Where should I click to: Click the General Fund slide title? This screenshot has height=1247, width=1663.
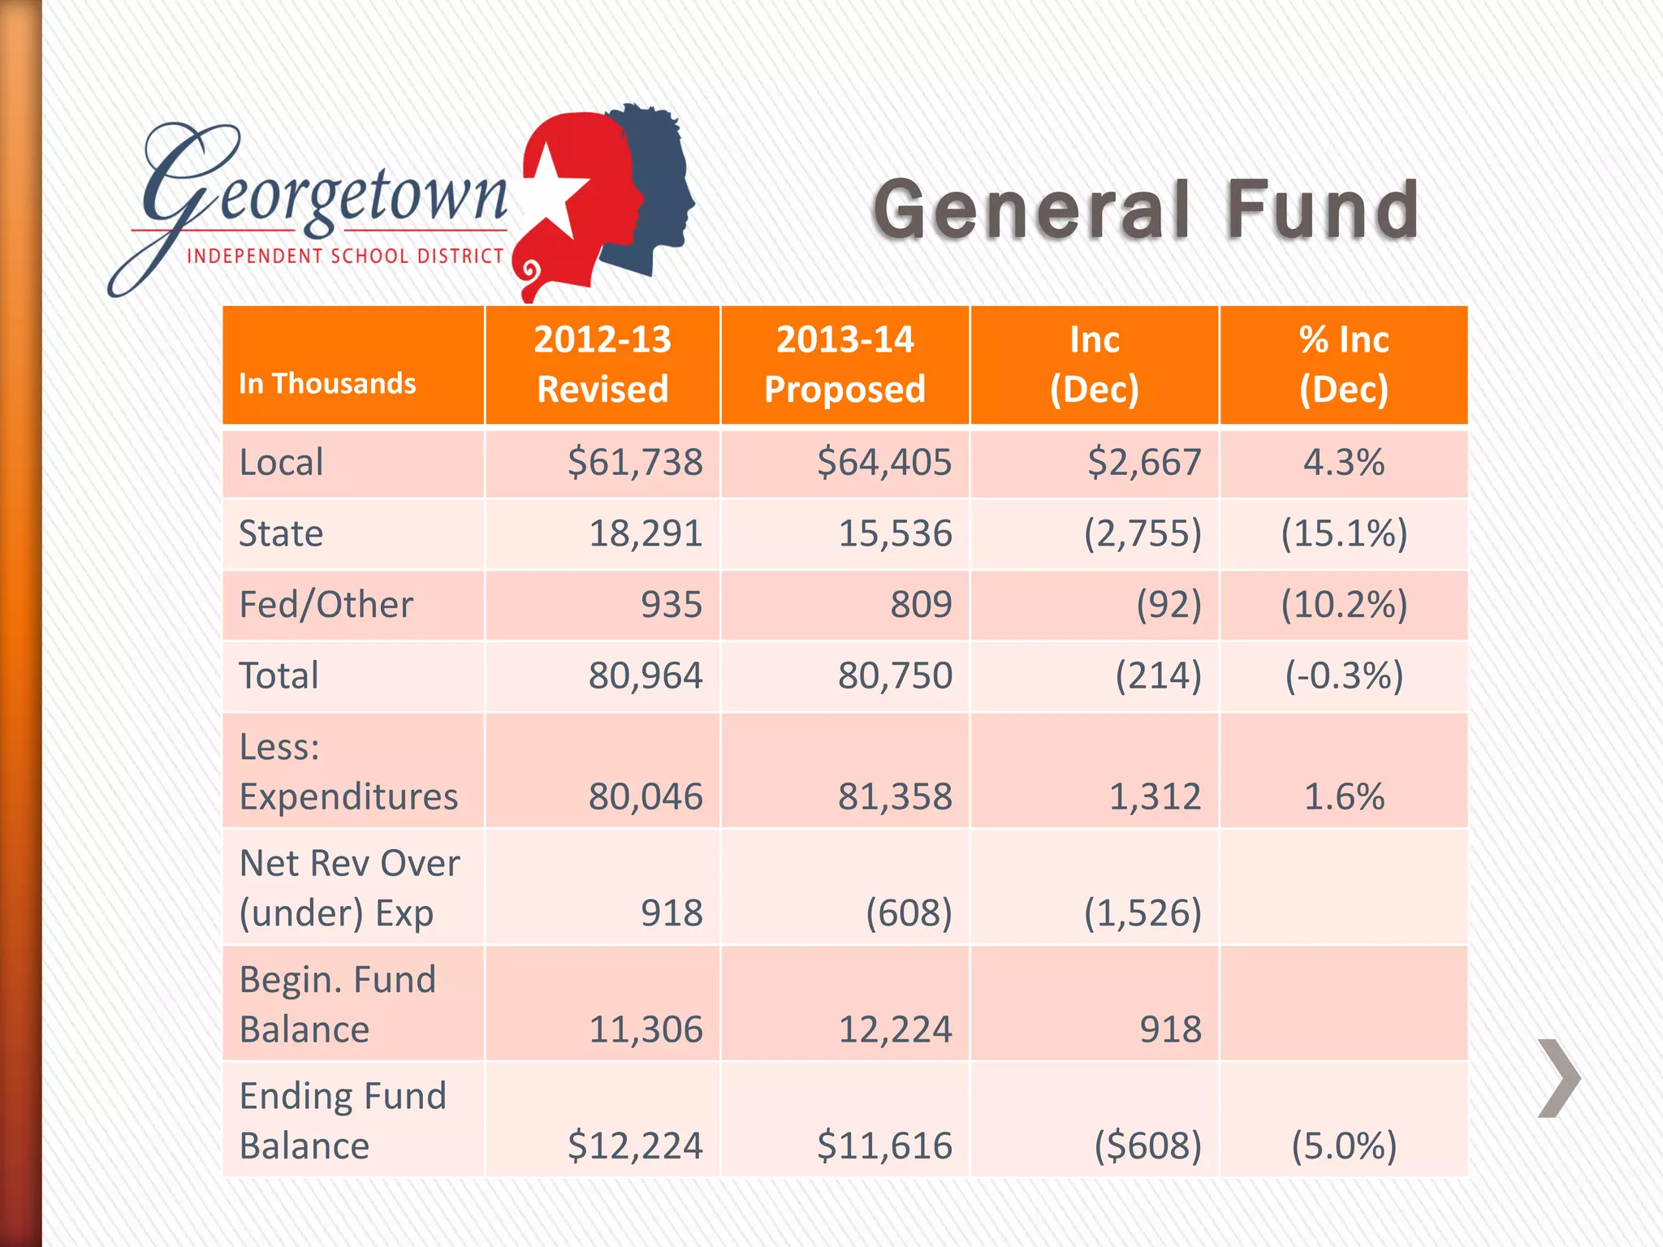coord(1145,209)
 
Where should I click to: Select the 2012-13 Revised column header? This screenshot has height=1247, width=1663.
coord(603,364)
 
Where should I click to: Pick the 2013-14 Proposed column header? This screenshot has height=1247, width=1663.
coord(844,364)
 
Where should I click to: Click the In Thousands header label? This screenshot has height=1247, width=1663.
coord(327,383)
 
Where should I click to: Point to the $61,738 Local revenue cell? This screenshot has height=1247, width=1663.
coord(634,462)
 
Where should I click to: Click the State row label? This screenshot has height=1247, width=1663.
coord(281,533)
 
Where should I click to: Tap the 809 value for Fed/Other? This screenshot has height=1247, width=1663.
coord(920,604)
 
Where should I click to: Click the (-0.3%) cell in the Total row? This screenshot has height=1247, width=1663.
coord(1343,675)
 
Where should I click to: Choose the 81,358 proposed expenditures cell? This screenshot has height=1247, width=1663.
coord(894,796)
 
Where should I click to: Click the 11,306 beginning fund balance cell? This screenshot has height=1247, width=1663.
coord(645,1029)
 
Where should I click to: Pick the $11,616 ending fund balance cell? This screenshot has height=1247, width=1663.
coord(883,1145)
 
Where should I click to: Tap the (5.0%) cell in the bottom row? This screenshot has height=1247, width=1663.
coord(1343,1145)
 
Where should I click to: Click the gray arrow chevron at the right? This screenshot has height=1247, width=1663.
coord(1558,1077)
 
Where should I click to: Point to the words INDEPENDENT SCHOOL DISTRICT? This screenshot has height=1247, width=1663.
coord(345,256)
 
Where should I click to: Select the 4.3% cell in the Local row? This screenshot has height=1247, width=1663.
coord(1343,462)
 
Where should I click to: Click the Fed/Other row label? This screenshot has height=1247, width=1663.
coord(326,604)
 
